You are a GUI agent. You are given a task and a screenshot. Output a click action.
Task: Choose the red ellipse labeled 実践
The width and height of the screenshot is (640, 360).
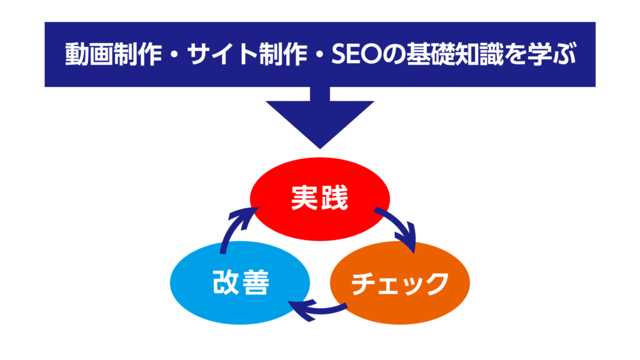320,199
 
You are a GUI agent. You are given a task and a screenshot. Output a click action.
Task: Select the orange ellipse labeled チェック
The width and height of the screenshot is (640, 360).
399,282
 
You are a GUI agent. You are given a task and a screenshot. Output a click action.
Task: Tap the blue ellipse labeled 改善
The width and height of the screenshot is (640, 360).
240,282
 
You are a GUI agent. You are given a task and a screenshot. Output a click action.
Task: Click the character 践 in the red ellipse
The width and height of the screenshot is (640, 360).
336,199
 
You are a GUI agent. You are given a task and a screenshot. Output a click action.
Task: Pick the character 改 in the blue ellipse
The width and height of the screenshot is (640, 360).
225,283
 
